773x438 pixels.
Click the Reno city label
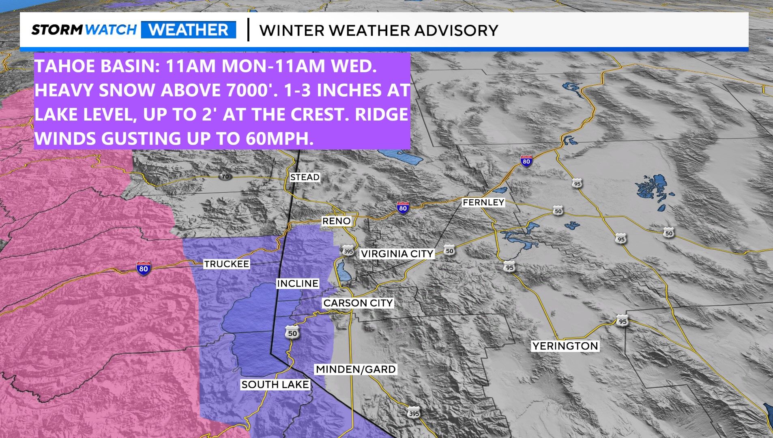coord(336,221)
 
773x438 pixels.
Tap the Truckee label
coord(226,264)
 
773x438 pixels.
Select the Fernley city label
coord(483,202)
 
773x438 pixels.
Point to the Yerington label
coord(565,346)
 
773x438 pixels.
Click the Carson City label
coord(358,303)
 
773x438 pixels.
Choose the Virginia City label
coord(397,254)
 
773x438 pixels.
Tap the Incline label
coord(297,283)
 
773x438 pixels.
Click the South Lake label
coord(275,384)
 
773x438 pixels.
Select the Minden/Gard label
coord(356,369)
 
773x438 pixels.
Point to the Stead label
coord(305,177)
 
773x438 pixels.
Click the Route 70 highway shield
coord(225,177)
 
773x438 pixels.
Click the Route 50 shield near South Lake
coord(292,332)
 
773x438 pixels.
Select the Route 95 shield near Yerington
coord(622,321)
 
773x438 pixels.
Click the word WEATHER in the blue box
coord(188,30)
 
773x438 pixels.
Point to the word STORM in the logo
coord(57,30)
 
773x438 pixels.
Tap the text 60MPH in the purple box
coord(279,138)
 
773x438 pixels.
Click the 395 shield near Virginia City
coord(348,251)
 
